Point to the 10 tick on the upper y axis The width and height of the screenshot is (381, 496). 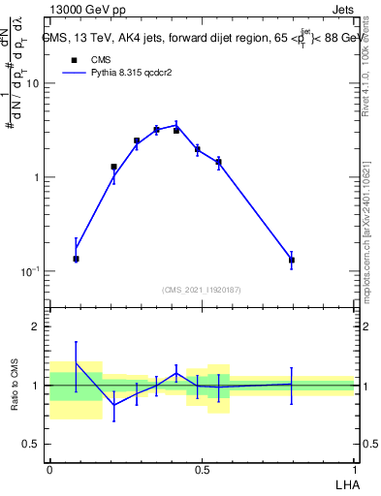[33, 83]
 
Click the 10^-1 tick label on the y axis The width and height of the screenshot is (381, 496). [29, 272]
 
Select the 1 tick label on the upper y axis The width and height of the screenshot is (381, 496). [37, 178]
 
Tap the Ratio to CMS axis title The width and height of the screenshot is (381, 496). [16, 385]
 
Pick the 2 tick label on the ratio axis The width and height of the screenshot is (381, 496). [37, 327]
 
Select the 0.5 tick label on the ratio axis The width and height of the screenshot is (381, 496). [31, 445]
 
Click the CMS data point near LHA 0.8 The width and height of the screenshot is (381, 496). [291, 260]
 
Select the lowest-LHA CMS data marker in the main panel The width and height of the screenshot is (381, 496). [76, 259]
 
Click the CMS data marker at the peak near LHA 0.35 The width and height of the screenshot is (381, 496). [156, 130]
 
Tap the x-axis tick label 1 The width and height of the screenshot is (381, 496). [354, 469]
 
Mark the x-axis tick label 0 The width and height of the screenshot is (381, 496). [48, 469]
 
